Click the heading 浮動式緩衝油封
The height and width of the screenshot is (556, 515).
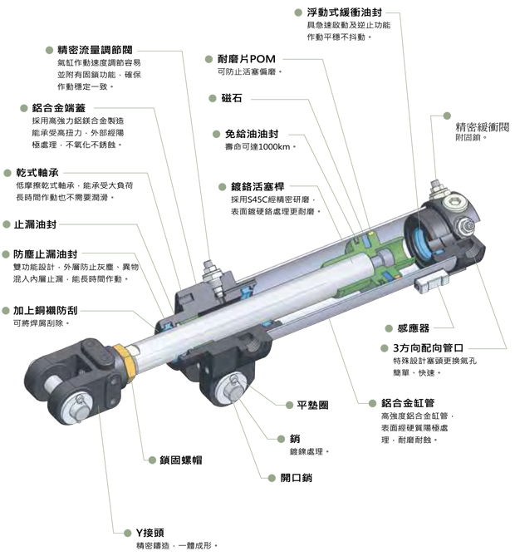pos(345,12)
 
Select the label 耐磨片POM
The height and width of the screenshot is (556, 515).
pos(247,59)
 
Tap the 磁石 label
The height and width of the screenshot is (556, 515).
pos(232,98)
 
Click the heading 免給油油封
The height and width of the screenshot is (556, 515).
pos(252,134)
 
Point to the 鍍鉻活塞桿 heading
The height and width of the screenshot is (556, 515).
pos(257,186)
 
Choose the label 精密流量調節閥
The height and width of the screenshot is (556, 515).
pos(95,50)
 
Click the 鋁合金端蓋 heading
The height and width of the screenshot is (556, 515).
pos(59,108)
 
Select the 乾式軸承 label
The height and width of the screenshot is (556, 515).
pos(37,173)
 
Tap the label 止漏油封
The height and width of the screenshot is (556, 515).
pos(35,224)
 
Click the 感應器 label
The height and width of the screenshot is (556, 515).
pos(414,328)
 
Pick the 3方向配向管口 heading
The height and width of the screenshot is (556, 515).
pos(428,348)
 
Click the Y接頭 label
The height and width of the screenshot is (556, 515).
pos(150,533)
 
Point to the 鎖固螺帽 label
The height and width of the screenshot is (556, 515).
pos(181,460)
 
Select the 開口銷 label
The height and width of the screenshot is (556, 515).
pos(297,478)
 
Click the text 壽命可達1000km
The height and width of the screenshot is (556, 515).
pos(257,147)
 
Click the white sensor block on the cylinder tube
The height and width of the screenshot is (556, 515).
pos(430,282)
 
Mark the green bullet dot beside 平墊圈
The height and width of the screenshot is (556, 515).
pos(290,405)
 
